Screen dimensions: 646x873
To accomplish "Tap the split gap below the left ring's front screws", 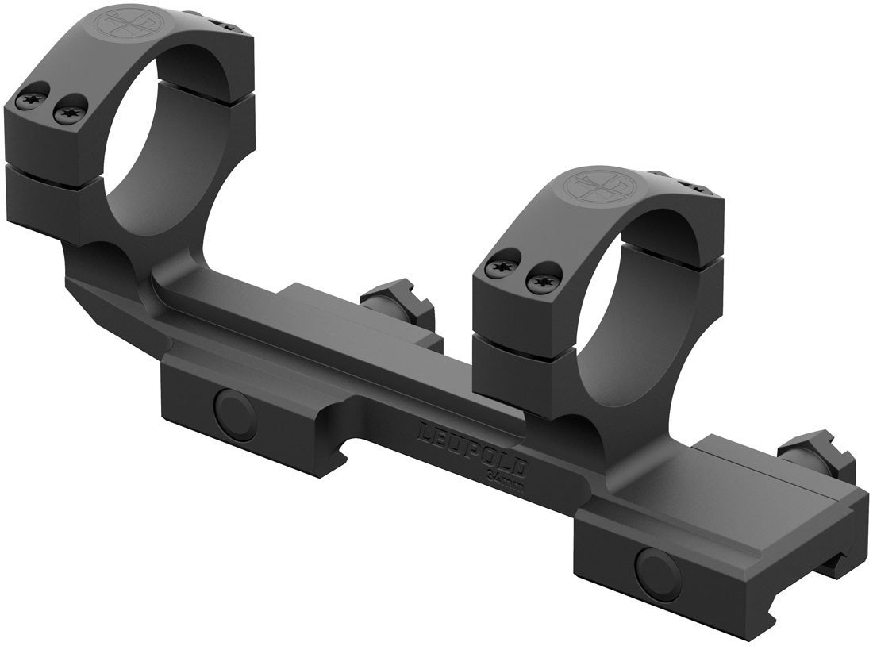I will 56,160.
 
